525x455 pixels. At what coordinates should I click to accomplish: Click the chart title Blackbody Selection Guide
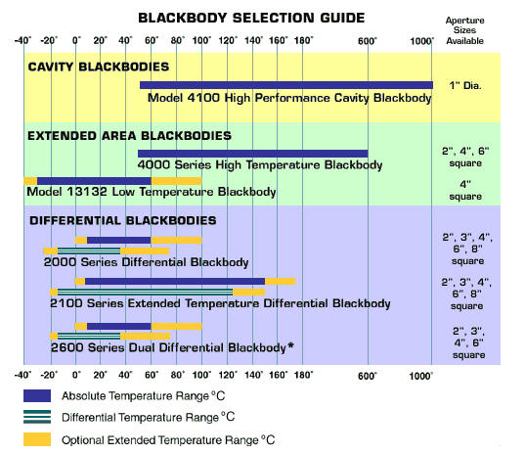[x=251, y=18]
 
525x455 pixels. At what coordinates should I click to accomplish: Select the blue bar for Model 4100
[x=286, y=85]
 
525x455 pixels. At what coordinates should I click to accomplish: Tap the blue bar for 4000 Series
[x=253, y=154]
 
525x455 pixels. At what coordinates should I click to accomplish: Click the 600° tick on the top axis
[x=368, y=41]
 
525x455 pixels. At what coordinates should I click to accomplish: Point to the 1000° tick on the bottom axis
[x=421, y=376]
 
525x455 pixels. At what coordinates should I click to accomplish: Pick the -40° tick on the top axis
[x=22, y=40]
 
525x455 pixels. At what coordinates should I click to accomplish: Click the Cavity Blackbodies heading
[x=99, y=67]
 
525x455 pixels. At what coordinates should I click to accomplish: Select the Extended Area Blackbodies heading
[x=129, y=136]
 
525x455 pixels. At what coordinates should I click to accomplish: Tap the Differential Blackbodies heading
[x=123, y=220]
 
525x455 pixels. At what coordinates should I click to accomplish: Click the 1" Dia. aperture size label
[x=465, y=85]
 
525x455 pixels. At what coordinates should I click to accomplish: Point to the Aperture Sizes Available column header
[x=464, y=30]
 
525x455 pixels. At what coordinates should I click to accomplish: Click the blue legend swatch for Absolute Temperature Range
[x=37, y=395]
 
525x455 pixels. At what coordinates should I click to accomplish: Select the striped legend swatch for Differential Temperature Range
[x=37, y=417]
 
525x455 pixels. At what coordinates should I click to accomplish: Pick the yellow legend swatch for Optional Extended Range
[x=37, y=439]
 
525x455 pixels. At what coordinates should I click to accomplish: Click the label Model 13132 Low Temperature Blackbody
[x=152, y=192]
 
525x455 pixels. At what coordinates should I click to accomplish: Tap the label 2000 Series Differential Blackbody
[x=146, y=262]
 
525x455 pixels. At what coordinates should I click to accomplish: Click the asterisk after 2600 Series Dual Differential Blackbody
[x=290, y=345]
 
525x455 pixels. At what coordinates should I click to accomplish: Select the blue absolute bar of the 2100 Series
[x=175, y=281]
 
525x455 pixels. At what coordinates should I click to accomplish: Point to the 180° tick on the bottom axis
[x=303, y=375]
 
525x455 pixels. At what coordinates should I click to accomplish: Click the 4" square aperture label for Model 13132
[x=465, y=190]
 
